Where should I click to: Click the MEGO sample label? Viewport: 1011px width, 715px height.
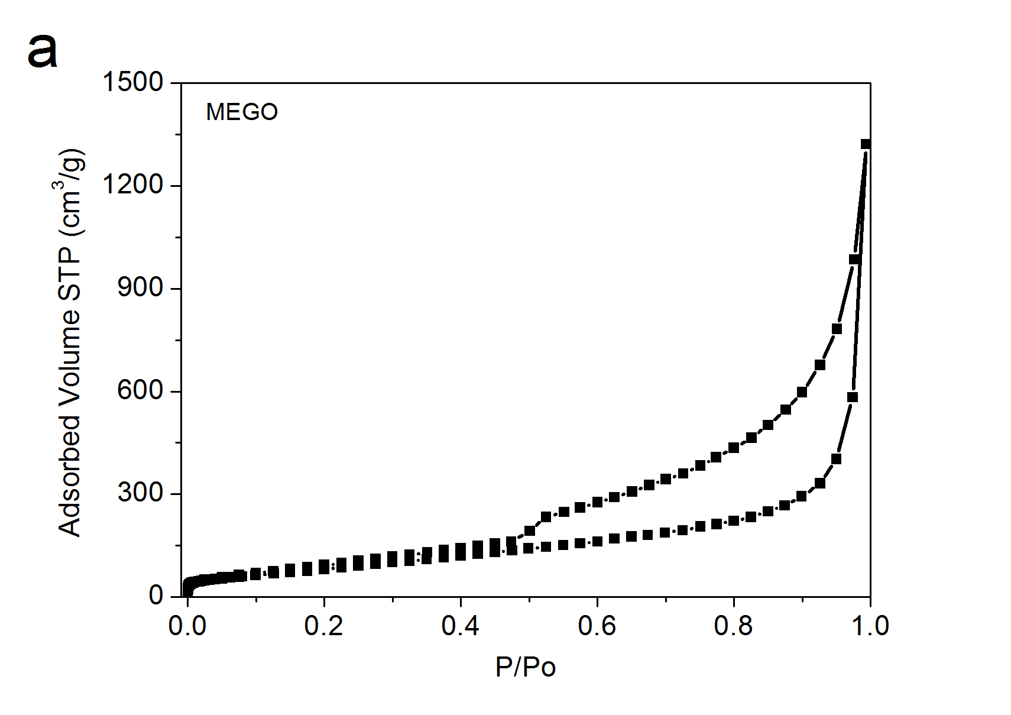point(242,112)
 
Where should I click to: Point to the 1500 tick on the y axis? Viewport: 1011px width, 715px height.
point(133,82)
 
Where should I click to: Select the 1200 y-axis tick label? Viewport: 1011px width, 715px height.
point(133,185)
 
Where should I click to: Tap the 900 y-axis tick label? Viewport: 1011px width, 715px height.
point(140,288)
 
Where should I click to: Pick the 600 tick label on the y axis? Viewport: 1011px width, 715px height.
point(140,391)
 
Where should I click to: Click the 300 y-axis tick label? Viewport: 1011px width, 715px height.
point(140,493)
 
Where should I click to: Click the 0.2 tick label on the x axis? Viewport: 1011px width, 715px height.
point(324,626)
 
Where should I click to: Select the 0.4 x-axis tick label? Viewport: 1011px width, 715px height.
point(461,626)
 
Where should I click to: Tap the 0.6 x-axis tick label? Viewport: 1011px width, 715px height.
point(597,626)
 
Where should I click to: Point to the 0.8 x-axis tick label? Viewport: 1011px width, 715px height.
point(733,626)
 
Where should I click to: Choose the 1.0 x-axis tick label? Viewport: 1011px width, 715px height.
point(869,626)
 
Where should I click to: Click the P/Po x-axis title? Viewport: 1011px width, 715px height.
point(526,667)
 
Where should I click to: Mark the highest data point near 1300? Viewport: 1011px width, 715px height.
point(866,144)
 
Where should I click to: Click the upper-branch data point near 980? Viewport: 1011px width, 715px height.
point(854,259)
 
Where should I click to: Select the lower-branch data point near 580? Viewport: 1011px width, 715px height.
point(852,397)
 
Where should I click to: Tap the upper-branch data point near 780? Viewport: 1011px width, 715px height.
point(837,329)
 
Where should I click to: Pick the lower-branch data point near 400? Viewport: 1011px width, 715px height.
point(836,459)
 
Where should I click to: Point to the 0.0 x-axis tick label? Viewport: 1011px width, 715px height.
point(187,626)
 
